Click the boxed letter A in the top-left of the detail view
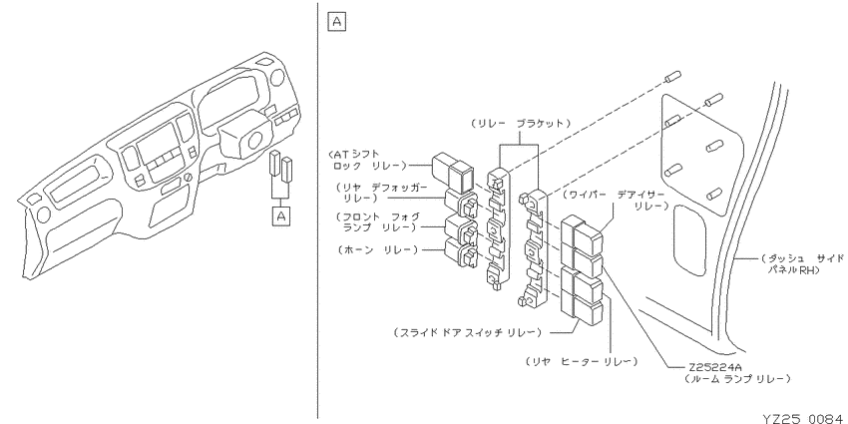336,22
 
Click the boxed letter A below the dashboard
281,216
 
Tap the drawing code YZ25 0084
802,417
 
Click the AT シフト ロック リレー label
369,159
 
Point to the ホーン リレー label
377,249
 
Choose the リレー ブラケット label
520,124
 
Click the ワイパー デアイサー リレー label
616,201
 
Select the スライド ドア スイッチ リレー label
467,332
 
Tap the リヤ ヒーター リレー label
581,361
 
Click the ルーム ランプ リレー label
737,378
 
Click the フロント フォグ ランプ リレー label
377,222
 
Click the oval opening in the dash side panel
689,239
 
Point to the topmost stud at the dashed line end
672,77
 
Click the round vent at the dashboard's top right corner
277,78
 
